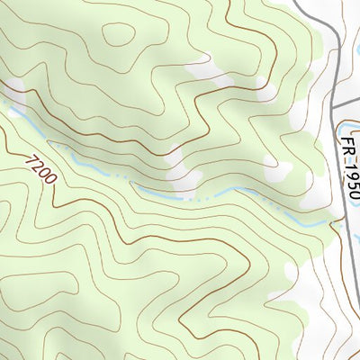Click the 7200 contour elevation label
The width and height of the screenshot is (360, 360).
(41, 169)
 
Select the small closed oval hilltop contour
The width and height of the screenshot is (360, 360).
(118, 34)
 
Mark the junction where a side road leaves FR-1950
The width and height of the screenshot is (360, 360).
(334, 106)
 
